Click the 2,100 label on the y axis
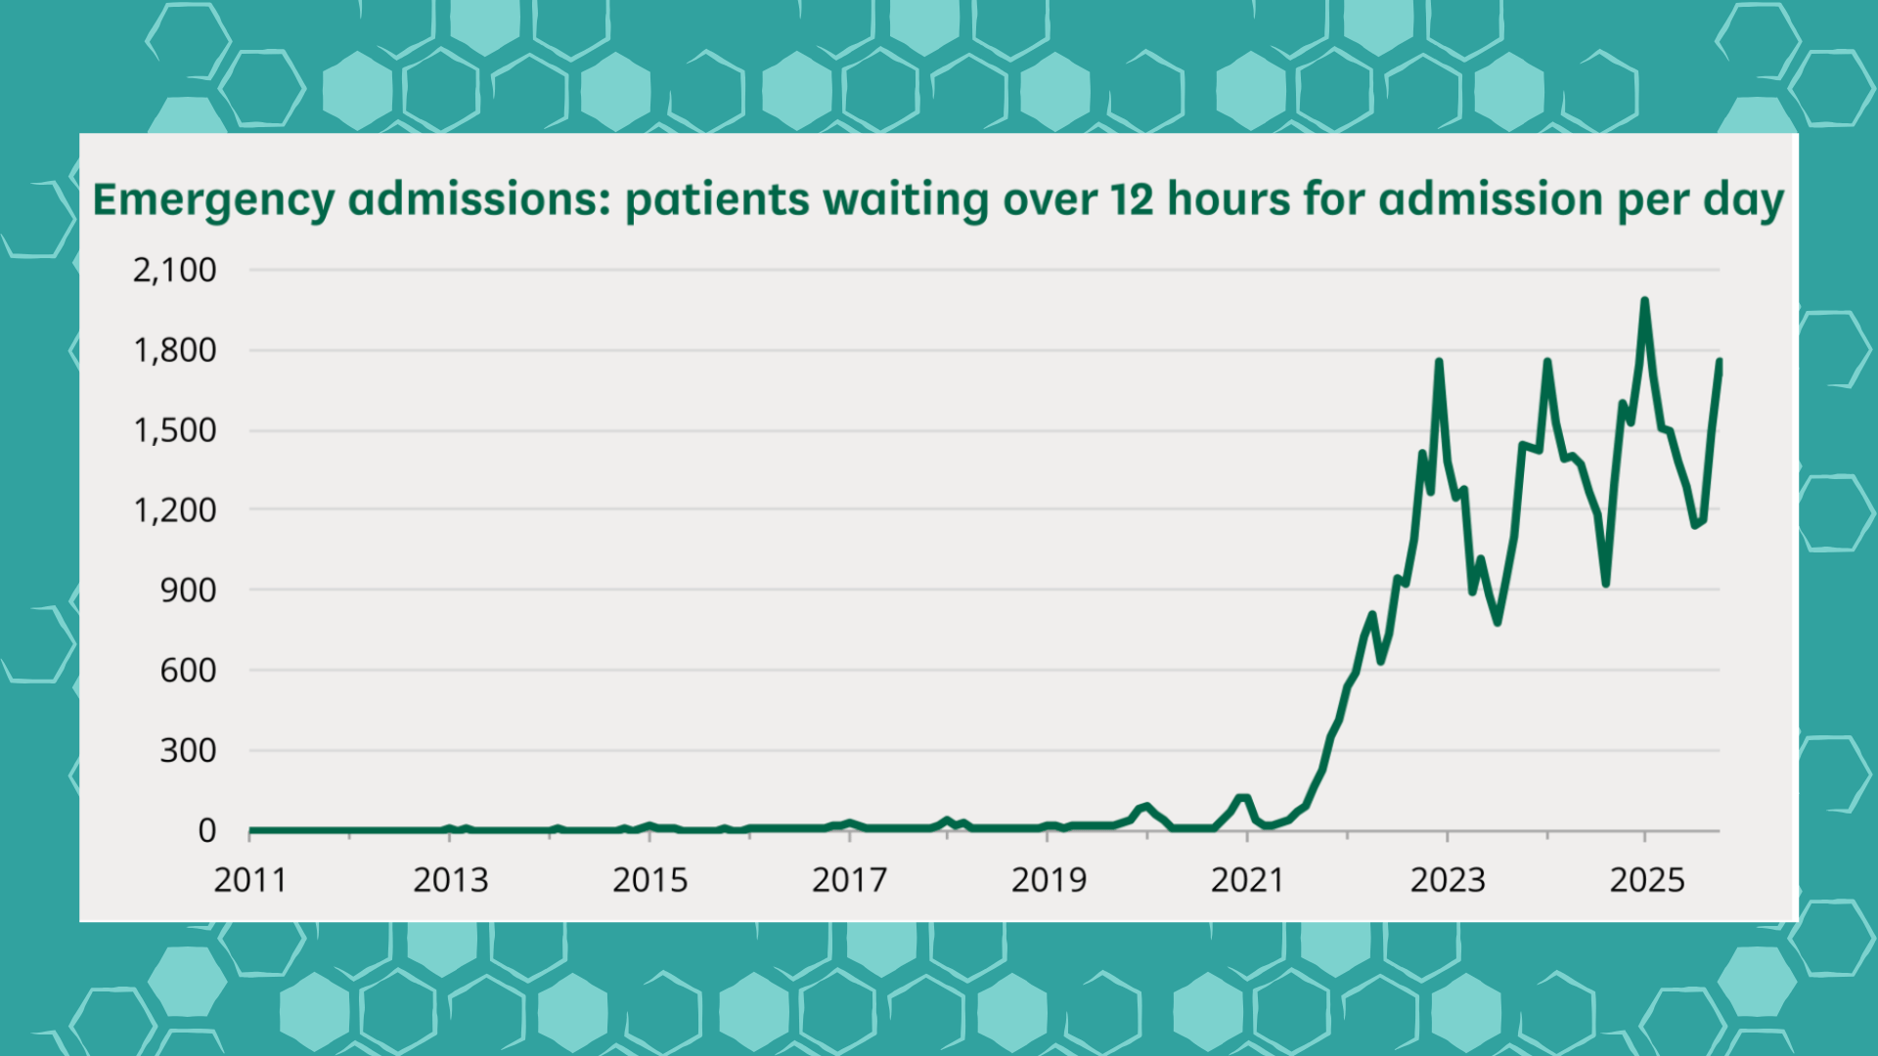point(175,270)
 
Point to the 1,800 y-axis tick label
point(175,350)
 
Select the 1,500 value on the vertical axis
point(175,430)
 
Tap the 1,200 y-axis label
point(175,510)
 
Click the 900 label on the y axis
point(189,591)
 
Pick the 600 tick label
point(189,671)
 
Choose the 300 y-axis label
point(189,751)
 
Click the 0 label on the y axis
point(206,831)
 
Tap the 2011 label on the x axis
point(250,880)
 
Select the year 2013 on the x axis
point(450,880)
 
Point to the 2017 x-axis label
point(849,880)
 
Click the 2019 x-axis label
point(1049,880)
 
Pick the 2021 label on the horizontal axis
point(1247,880)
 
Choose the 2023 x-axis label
point(1448,880)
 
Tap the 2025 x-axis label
point(1647,880)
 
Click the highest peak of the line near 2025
point(1644,301)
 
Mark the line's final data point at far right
point(1719,362)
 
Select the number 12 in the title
point(1132,199)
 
